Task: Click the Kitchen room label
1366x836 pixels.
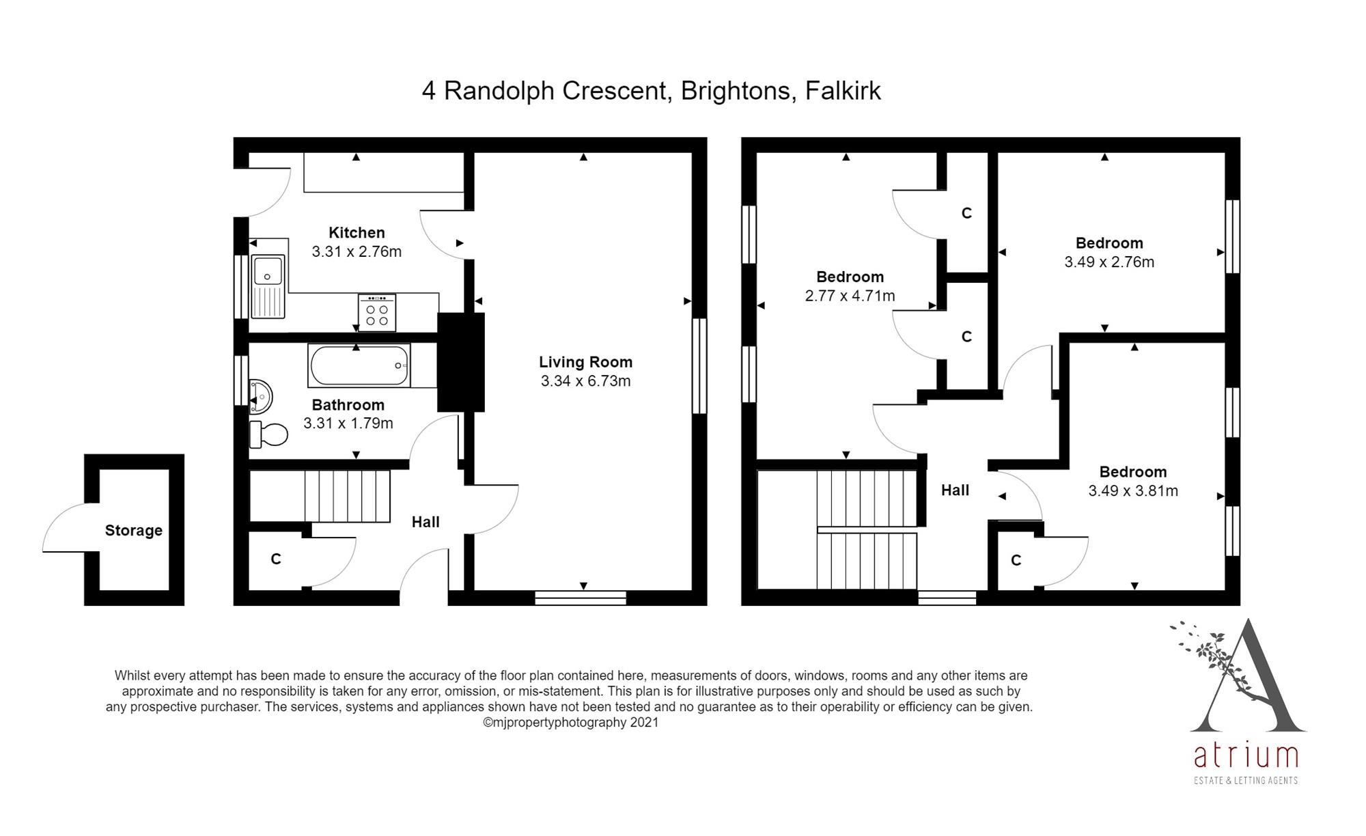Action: click(x=357, y=233)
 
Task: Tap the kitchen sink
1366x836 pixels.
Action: click(x=268, y=287)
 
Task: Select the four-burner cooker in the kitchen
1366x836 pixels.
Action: click(x=376, y=313)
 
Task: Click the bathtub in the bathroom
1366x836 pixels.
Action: click(x=359, y=365)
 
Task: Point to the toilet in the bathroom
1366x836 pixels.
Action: click(x=268, y=434)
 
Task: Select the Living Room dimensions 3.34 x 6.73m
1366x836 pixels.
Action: click(x=585, y=381)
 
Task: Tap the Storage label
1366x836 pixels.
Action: click(x=134, y=531)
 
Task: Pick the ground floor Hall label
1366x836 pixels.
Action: click(x=426, y=522)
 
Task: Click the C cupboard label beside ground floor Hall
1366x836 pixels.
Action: click(x=276, y=559)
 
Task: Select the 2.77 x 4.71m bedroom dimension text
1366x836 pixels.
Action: click(x=850, y=296)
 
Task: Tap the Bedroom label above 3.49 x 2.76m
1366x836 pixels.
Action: click(x=1109, y=243)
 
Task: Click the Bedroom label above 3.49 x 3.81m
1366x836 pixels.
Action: click(x=1133, y=472)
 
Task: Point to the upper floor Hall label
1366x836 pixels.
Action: click(x=955, y=490)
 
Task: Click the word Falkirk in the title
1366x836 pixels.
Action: click(x=843, y=91)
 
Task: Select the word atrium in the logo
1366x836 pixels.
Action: click(x=1246, y=756)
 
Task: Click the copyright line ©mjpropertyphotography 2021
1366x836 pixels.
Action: click(x=571, y=723)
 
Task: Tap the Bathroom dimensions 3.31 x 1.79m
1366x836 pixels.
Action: click(x=348, y=423)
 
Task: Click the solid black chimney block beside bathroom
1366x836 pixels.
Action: click(x=460, y=362)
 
